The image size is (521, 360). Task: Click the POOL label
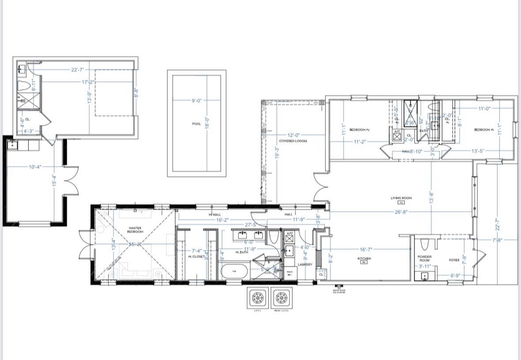pyautogui.click(x=197, y=124)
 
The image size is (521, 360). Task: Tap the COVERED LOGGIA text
pyautogui.click(x=293, y=141)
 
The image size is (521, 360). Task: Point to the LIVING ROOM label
pyautogui.click(x=401, y=198)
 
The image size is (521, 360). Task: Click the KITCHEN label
pyautogui.click(x=364, y=259)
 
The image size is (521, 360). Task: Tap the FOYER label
pyautogui.click(x=454, y=260)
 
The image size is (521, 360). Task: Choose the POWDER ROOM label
pyautogui.click(x=424, y=258)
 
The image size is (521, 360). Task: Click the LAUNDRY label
pyautogui.click(x=305, y=265)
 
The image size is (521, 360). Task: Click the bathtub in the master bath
pyautogui.click(x=234, y=271)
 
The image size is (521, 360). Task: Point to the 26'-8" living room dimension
pyautogui.click(x=401, y=212)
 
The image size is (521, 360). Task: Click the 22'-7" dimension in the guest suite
pyautogui.click(x=77, y=70)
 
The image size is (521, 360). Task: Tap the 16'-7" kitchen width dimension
pyautogui.click(x=365, y=250)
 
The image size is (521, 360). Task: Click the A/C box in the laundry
pyautogui.click(x=289, y=238)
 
